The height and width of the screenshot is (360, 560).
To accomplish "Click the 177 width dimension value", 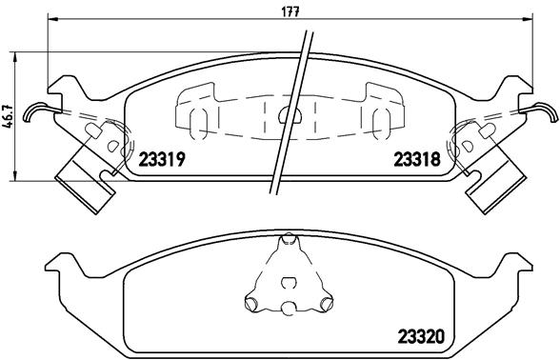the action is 290,11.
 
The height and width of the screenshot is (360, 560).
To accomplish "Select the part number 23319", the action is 162,159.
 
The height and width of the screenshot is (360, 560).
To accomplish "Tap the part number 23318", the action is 417,159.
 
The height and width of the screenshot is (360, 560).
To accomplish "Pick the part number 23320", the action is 421,336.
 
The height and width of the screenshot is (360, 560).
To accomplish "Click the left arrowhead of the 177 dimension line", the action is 52,19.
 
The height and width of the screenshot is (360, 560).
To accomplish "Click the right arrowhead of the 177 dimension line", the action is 528,19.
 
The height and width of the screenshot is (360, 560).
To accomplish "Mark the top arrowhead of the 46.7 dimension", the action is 14,57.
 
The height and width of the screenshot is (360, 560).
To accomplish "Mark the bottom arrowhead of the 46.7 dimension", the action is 14,175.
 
